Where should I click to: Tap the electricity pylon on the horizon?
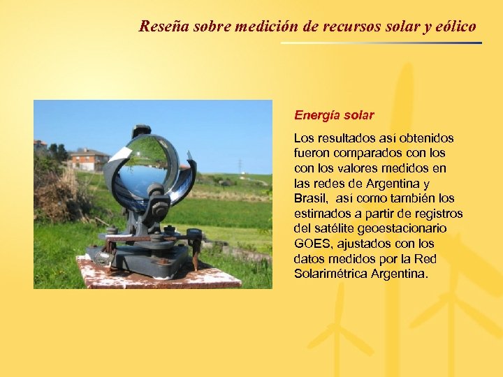point(240,165)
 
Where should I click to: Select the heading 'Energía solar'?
point(334,114)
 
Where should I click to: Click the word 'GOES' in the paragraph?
point(314,244)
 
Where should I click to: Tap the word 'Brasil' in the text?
point(309,198)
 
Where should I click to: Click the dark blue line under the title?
point(381,43)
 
